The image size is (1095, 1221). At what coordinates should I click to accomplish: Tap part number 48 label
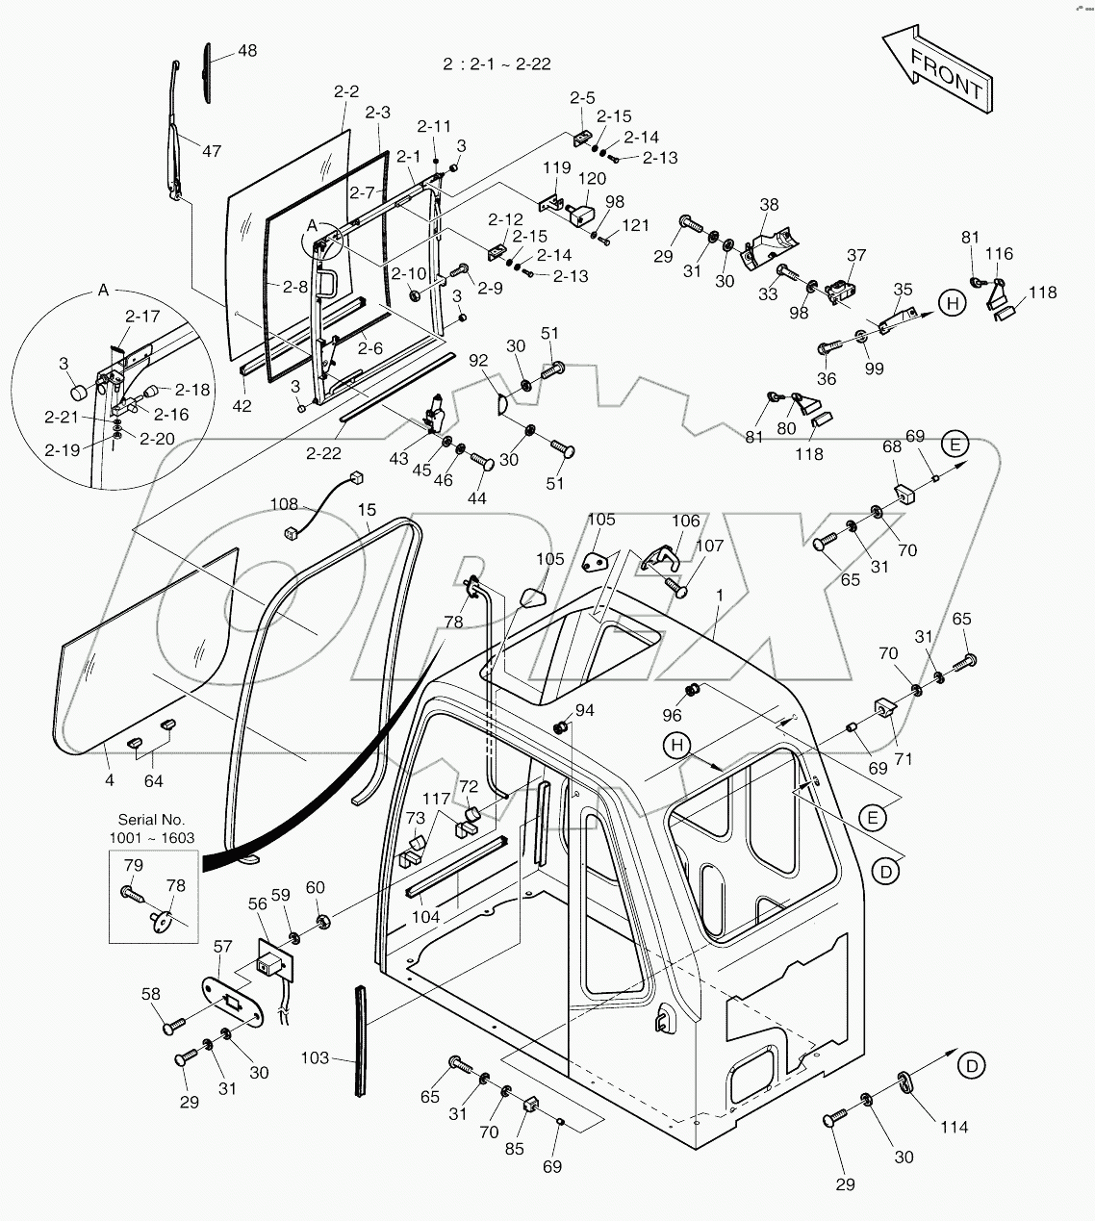247,51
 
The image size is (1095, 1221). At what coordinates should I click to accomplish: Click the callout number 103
315,1058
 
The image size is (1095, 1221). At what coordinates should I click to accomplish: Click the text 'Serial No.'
151,820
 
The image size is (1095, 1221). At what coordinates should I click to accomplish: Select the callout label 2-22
325,452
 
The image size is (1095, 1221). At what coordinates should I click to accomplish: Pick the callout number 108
284,503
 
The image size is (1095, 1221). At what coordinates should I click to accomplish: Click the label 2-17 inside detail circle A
142,315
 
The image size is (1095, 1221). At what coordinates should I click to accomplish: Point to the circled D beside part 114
973,1065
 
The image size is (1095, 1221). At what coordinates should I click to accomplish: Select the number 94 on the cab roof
585,710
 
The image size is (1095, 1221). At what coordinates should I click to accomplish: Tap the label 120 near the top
592,178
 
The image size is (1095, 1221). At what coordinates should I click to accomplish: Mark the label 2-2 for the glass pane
346,91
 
